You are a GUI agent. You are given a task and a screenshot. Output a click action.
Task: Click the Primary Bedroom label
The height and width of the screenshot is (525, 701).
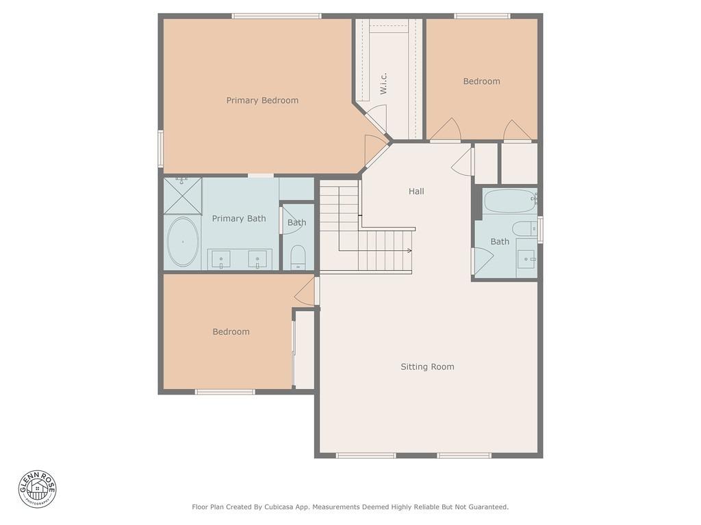[262, 100]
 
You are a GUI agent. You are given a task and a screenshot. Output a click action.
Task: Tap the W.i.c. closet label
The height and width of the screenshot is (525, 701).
[384, 83]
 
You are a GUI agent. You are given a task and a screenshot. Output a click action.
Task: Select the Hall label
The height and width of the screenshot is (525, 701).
[416, 191]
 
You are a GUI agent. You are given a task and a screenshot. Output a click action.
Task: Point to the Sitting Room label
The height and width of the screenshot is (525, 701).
[427, 367]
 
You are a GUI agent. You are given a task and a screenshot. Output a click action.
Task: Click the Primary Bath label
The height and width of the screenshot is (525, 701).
[238, 219]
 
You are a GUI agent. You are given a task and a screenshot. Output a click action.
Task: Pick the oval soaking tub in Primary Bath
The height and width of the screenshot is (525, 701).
[183, 242]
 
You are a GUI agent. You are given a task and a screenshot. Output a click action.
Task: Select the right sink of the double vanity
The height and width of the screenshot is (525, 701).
[258, 259]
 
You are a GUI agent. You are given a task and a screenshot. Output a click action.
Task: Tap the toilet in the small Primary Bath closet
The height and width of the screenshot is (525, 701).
[298, 258]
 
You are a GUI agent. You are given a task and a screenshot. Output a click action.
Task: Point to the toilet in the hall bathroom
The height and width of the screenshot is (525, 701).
[525, 229]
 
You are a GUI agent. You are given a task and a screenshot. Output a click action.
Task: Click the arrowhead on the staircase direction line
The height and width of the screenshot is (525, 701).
[409, 252]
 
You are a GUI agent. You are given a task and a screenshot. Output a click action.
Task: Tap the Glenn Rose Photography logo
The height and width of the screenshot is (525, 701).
[38, 489]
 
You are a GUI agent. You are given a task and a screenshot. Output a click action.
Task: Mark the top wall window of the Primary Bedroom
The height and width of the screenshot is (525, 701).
[277, 16]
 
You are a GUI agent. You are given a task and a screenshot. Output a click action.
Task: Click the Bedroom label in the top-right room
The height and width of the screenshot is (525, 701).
[481, 81]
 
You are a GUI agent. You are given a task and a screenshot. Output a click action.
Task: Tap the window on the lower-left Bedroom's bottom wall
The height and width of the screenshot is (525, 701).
[225, 392]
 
